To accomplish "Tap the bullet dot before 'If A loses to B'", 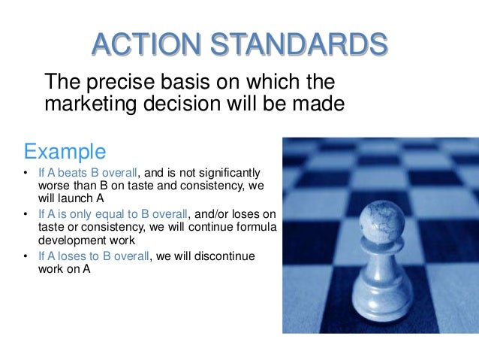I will (26, 257).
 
